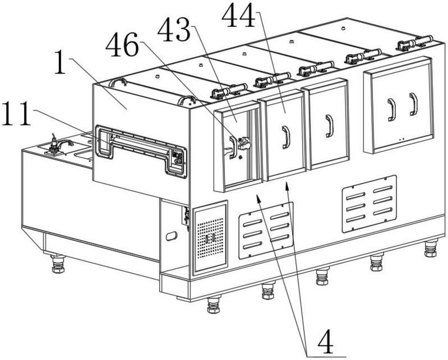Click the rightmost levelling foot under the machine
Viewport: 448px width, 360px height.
point(430,248)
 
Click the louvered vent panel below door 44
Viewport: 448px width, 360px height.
point(266,229)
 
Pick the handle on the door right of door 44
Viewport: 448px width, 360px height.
point(327,126)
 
